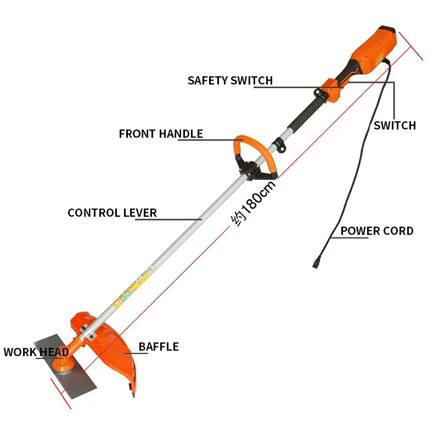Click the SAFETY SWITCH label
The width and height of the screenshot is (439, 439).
[x=230, y=81]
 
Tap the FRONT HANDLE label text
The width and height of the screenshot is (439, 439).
[x=161, y=134]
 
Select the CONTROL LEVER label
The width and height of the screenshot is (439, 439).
[x=112, y=213]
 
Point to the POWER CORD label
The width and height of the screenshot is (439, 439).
[x=377, y=231]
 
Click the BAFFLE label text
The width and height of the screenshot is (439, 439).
[x=159, y=347]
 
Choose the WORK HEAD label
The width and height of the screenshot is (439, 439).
[x=36, y=352]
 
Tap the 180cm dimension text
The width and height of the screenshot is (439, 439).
[x=254, y=203]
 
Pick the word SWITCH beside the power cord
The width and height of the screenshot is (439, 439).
[x=395, y=126]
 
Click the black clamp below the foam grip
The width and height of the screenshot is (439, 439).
[x=279, y=144]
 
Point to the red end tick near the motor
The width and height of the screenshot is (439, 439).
[x=410, y=46]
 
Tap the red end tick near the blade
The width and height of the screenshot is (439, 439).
[x=61, y=393]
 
